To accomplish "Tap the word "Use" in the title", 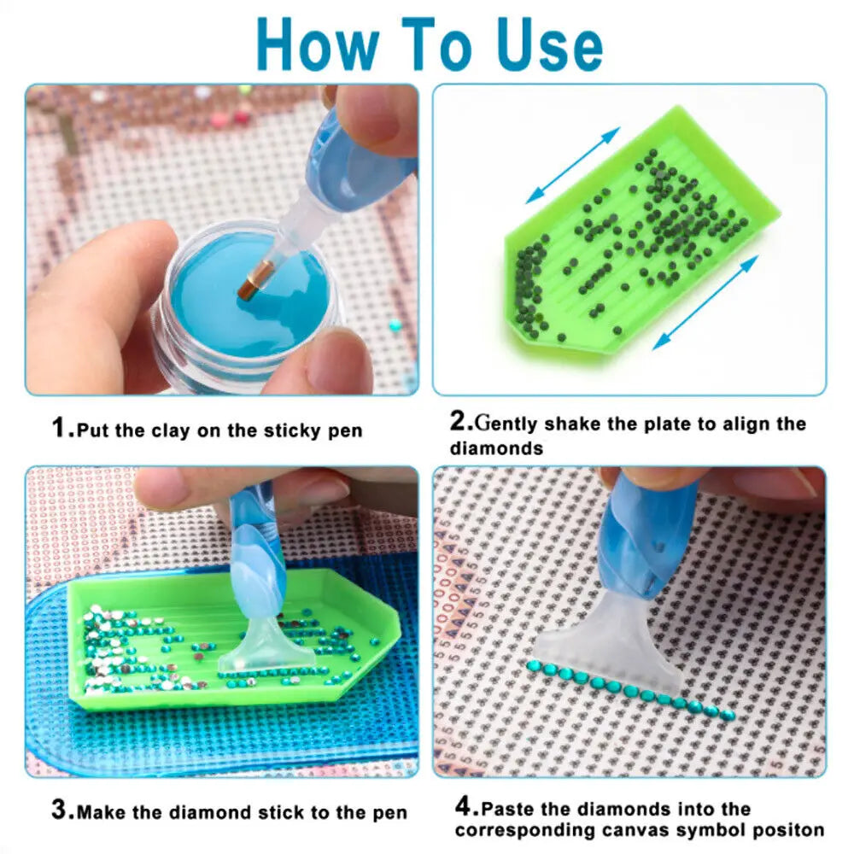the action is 549,45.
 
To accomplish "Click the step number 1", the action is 61,428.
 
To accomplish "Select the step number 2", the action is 461,420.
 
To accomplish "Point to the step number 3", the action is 62,810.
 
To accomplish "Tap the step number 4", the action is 466,805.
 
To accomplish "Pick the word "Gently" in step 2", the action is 506,424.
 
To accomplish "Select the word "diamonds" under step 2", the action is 496,448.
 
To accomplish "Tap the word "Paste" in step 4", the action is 506,809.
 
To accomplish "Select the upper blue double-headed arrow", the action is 573,165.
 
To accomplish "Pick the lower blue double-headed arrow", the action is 705,301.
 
